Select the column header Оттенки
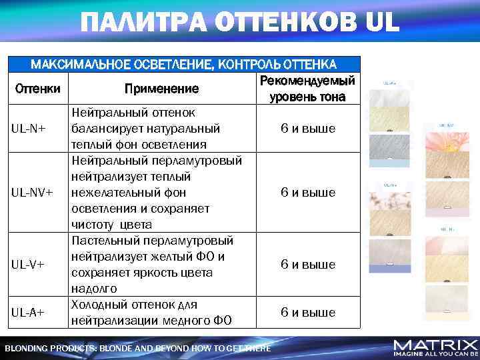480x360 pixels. [x=37, y=88]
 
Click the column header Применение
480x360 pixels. [x=161, y=88]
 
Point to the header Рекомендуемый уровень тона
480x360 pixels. [x=307, y=89]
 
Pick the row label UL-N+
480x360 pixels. [x=27, y=128]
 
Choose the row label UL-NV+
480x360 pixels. [x=31, y=192]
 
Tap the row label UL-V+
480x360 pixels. [x=27, y=264]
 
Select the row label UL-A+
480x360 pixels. [x=27, y=312]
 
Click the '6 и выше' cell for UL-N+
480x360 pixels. [x=307, y=128]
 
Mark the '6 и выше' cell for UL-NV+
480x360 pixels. [x=307, y=192]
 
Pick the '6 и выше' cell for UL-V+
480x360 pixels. [x=307, y=264]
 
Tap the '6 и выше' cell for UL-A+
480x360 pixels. [x=307, y=312]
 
